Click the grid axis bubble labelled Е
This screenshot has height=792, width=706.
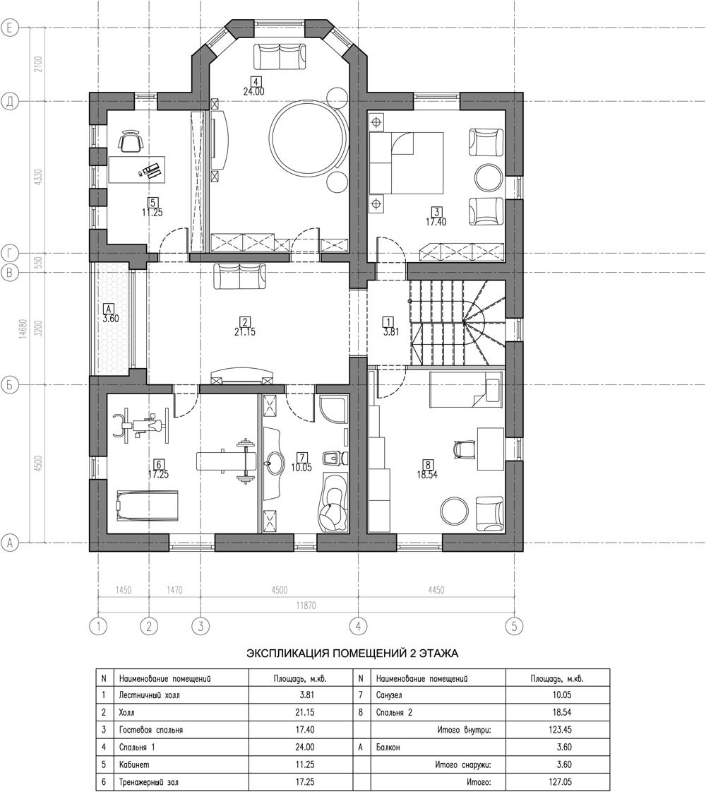[x=10, y=28]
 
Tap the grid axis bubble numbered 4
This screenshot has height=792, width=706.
[x=358, y=627]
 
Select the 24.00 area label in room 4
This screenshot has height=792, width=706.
[x=253, y=92]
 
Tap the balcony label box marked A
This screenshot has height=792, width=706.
[x=108, y=308]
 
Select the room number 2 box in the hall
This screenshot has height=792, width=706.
[x=245, y=321]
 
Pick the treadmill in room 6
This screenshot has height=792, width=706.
[x=148, y=506]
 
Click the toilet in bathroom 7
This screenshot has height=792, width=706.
[x=335, y=458]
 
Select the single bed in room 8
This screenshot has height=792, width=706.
[x=465, y=389]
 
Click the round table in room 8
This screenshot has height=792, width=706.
[x=454, y=511]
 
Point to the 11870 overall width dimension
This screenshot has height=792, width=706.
[x=306, y=605]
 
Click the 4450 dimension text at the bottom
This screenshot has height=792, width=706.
[x=436, y=590]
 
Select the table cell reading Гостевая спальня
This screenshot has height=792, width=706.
[x=151, y=730]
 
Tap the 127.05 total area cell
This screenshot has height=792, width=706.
[x=561, y=782]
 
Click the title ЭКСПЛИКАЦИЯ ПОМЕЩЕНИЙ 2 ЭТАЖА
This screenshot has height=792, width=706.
[x=352, y=654]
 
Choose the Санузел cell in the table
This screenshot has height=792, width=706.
[x=389, y=695]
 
